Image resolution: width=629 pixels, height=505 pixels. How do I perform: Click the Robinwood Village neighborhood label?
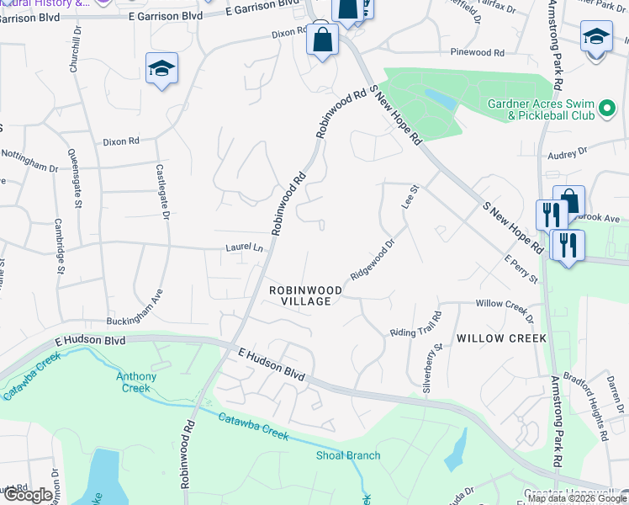tap(305, 295)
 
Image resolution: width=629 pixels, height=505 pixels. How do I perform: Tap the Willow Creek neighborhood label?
tap(501, 338)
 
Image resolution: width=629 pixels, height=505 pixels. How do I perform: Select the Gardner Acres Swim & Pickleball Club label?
tap(541, 109)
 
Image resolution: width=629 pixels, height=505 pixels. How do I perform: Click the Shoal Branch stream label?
tap(348, 456)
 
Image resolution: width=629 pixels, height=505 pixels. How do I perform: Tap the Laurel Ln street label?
tap(244, 248)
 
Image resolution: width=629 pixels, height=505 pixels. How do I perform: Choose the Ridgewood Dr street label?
tap(373, 262)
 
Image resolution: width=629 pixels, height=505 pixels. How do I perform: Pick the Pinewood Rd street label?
tap(477, 52)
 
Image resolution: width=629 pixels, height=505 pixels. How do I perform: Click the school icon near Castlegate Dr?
tap(161, 68)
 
